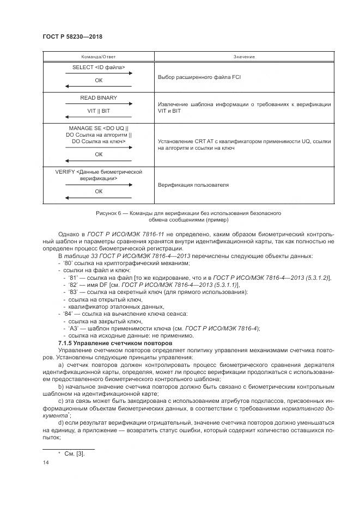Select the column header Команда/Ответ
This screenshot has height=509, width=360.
pyautogui.click(x=99, y=57)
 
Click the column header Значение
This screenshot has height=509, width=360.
pyautogui.click(x=244, y=57)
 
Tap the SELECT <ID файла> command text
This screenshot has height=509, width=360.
pyautogui.click(x=99, y=68)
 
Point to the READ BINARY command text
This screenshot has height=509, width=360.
pyautogui.click(x=99, y=98)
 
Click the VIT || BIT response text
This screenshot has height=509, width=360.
pyautogui.click(x=99, y=111)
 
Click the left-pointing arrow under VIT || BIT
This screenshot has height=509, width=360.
pyautogui.click(x=99, y=116)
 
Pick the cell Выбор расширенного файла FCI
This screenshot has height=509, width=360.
pyautogui.click(x=199, y=77)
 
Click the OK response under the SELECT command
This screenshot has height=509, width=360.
pyautogui.click(x=99, y=80)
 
